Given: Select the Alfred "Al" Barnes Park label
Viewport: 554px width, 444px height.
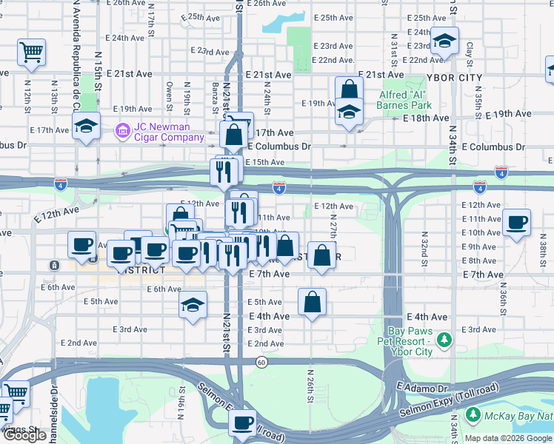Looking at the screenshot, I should (x=405, y=100).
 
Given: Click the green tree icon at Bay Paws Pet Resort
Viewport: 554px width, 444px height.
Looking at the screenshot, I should (x=444, y=340).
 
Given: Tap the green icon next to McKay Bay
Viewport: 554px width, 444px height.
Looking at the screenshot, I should (x=473, y=417).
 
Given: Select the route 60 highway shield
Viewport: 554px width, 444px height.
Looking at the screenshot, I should (x=261, y=362).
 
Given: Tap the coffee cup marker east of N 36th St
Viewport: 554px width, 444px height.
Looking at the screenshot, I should (x=516, y=221).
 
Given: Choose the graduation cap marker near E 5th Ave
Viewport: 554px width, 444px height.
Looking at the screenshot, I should (x=193, y=304).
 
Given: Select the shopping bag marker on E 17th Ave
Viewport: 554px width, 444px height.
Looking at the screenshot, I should (x=234, y=135).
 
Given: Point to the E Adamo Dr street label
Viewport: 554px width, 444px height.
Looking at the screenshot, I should (x=423, y=387).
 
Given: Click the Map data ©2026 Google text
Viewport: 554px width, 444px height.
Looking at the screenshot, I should (x=509, y=438).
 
